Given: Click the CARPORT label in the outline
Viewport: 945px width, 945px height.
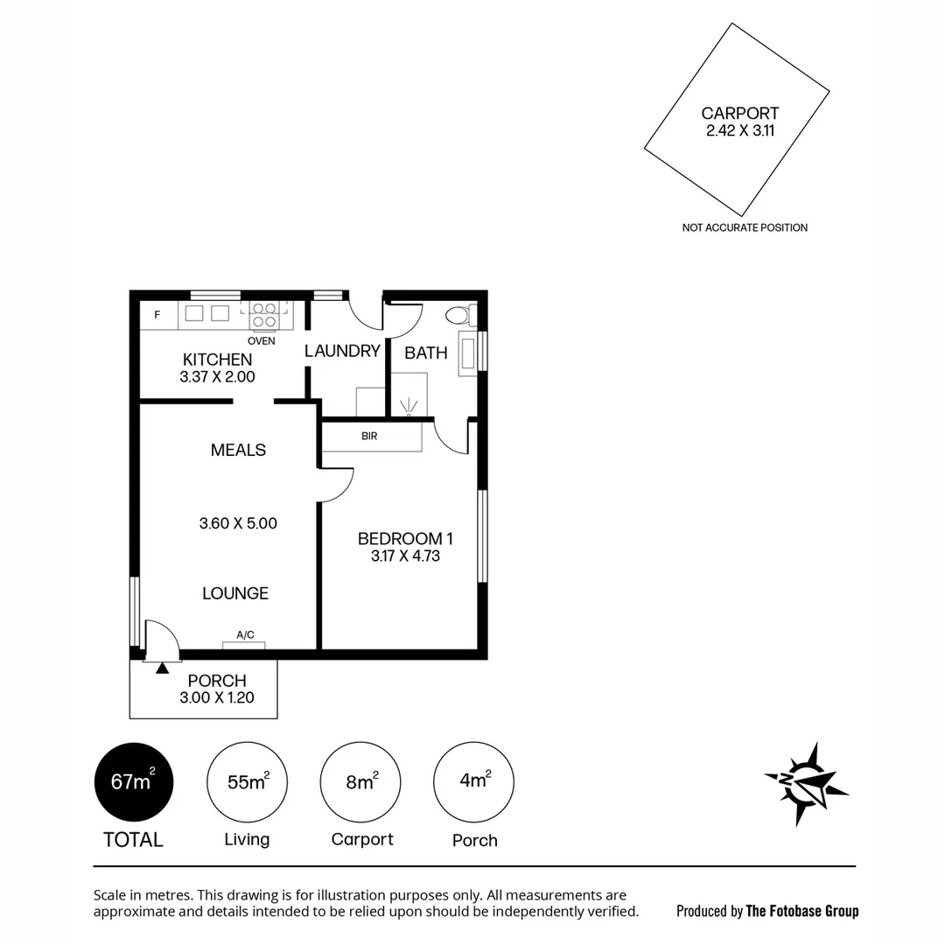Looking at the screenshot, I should pyautogui.click(x=739, y=114).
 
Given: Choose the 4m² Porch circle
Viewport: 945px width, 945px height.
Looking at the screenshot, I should pyautogui.click(x=474, y=781).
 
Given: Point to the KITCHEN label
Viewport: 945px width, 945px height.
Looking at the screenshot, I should pyautogui.click(x=217, y=360).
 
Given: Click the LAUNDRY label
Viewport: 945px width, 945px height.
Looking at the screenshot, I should pyautogui.click(x=342, y=351).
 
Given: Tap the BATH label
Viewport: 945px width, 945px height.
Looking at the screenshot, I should pyautogui.click(x=426, y=353).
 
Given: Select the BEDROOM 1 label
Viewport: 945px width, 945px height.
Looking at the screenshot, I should pyautogui.click(x=405, y=539).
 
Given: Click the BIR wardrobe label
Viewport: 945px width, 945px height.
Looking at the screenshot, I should pyautogui.click(x=369, y=436).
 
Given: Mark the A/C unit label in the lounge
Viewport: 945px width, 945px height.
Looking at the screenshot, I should pyautogui.click(x=245, y=635).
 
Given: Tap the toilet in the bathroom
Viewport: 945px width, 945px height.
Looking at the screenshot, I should pyautogui.click(x=458, y=315).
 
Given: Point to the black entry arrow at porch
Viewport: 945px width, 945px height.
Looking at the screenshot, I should pyautogui.click(x=162, y=669).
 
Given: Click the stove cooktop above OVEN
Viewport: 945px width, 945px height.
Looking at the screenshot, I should pyautogui.click(x=264, y=313).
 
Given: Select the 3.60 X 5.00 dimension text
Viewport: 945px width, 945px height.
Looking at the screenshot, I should pyautogui.click(x=238, y=523).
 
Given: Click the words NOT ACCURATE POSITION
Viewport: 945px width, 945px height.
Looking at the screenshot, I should pyautogui.click(x=745, y=227).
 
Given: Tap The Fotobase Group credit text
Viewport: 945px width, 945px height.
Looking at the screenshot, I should pyautogui.click(x=801, y=911).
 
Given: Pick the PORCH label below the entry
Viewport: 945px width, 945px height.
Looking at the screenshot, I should pyautogui.click(x=217, y=681).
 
